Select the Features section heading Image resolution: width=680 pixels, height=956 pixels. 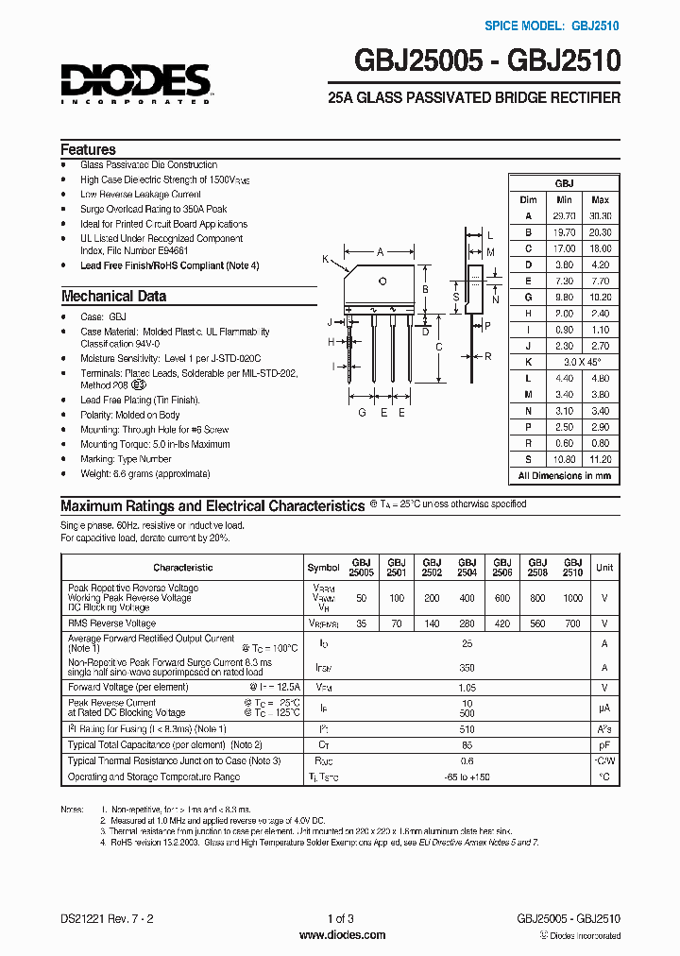coord(88,149)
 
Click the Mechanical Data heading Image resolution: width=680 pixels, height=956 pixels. coord(113,296)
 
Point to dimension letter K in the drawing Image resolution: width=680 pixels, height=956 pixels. coord(325,259)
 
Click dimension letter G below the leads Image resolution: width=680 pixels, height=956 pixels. coord(362,413)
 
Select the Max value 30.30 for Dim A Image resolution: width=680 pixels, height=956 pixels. coord(600,215)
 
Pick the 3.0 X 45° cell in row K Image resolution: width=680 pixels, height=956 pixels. coord(583,362)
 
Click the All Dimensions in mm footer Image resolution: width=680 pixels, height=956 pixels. coord(564,475)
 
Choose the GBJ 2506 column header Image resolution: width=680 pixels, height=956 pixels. coord(501,567)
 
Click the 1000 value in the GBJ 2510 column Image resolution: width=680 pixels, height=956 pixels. coord(572,598)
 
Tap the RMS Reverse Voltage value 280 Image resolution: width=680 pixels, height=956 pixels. coord(467,623)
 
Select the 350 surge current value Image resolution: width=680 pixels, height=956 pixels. coord(467,667)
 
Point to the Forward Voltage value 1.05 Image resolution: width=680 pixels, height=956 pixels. coord(467,689)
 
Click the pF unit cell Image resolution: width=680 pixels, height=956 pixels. coord(604,745)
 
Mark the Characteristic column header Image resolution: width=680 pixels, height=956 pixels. coord(183,568)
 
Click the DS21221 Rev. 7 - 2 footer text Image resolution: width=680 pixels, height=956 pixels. coord(104,918)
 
